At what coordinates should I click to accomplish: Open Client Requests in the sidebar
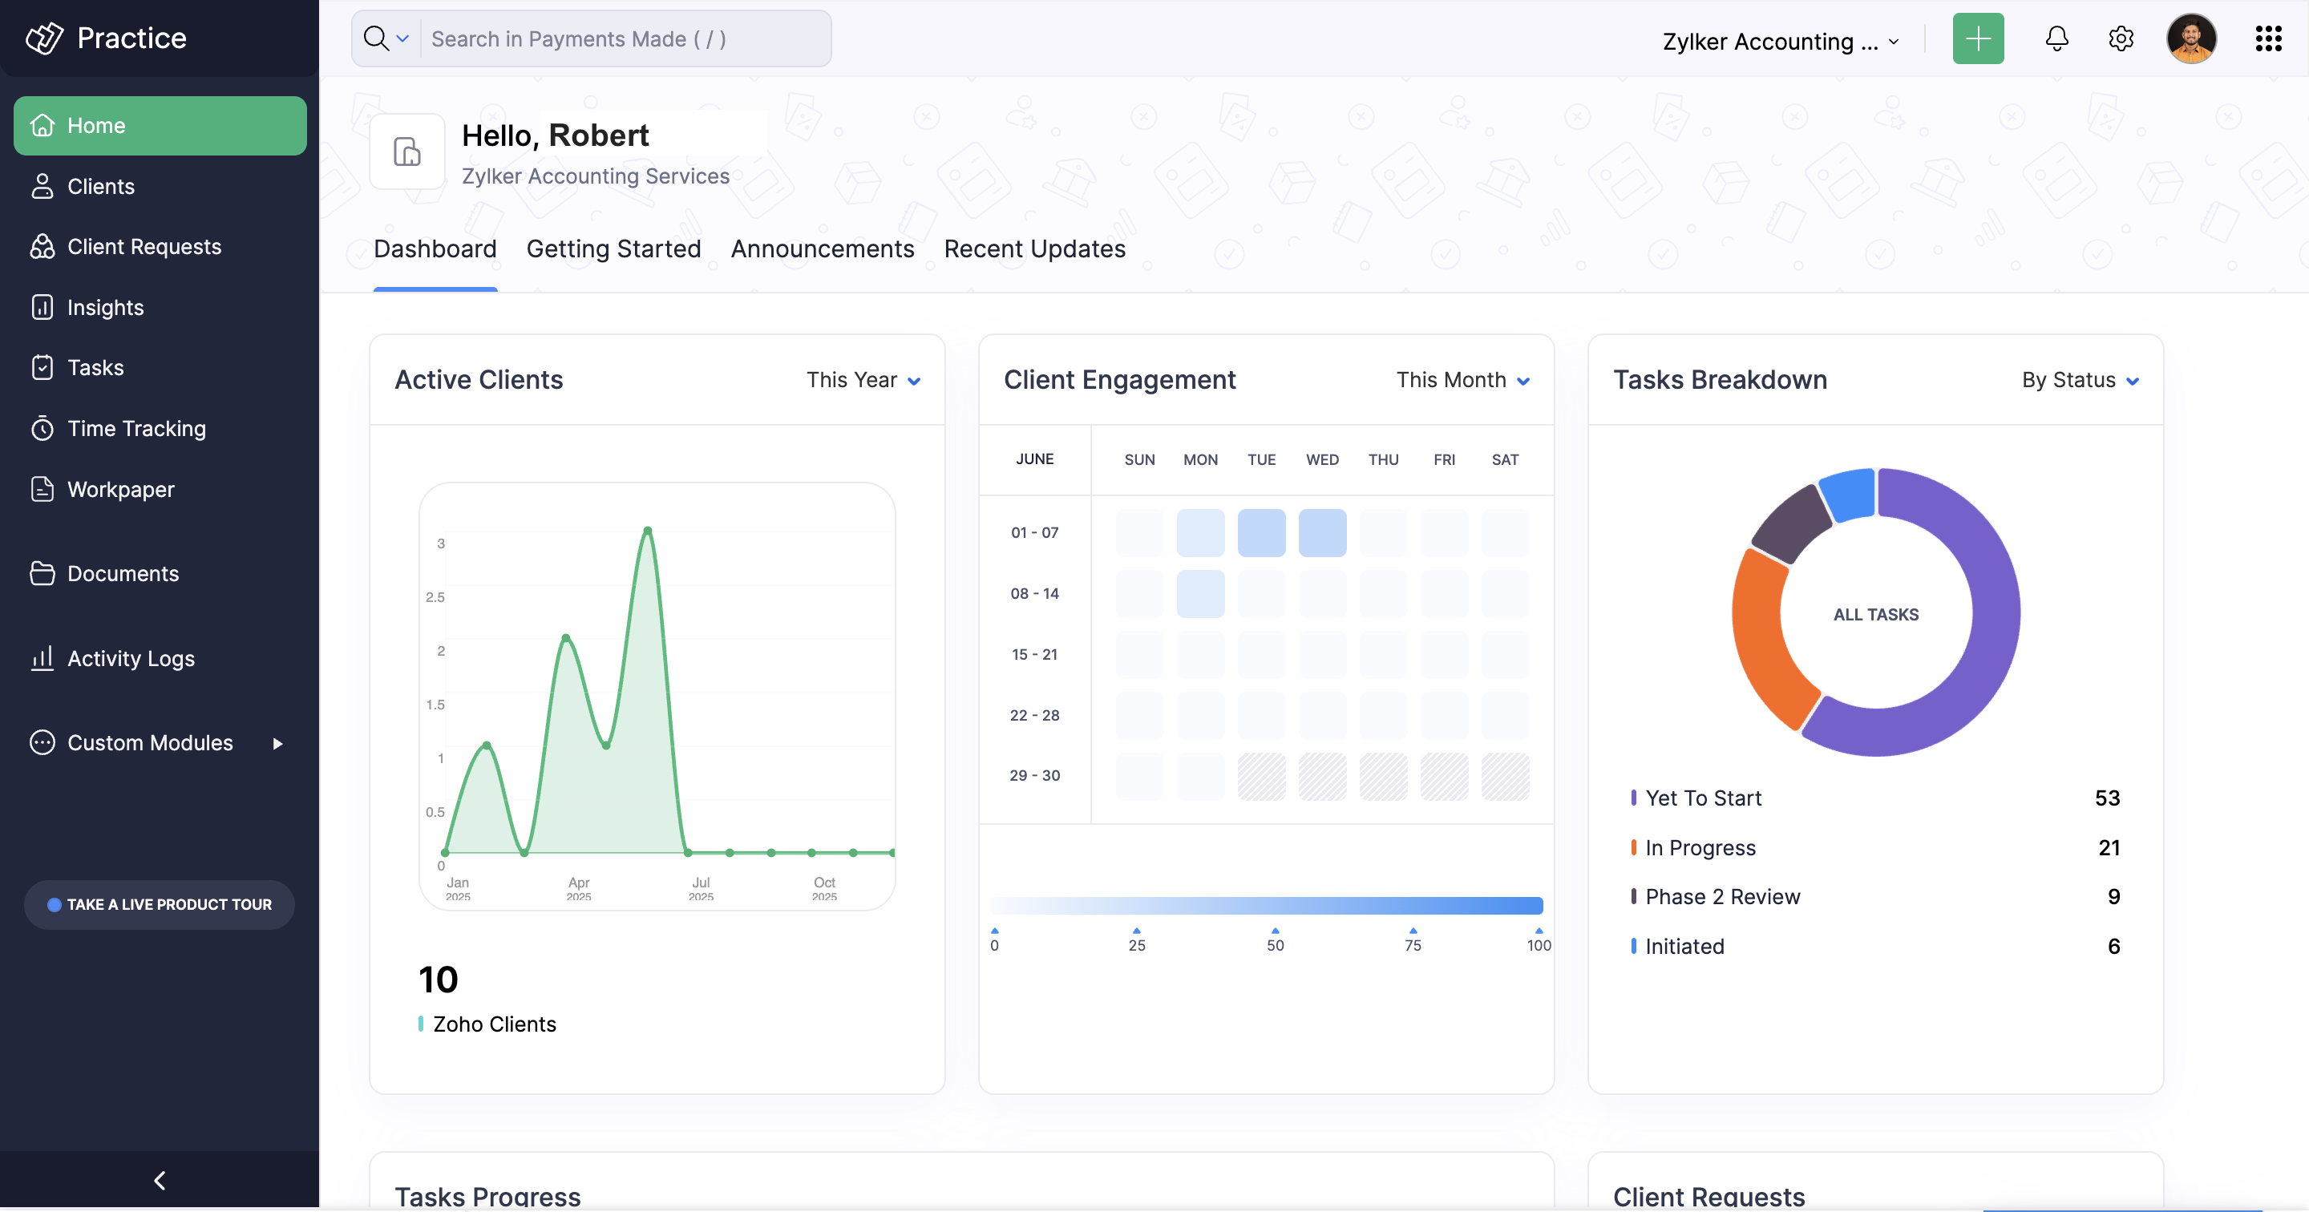click(144, 247)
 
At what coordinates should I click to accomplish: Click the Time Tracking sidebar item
click(136, 429)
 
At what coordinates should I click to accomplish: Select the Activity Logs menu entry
click(131, 659)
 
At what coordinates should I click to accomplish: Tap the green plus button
click(1977, 38)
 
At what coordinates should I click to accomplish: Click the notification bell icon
click(2056, 38)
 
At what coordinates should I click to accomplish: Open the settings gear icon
click(2121, 38)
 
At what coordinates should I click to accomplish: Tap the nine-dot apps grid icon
click(2268, 38)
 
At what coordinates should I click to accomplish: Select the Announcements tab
click(822, 249)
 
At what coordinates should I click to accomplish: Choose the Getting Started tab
click(613, 249)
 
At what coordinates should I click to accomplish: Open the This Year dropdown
click(863, 380)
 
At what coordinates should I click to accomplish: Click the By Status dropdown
click(2080, 380)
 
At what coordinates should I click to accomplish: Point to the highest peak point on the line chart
click(647, 531)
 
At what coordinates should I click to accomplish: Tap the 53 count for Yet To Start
click(2106, 798)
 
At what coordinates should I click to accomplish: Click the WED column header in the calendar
click(1322, 460)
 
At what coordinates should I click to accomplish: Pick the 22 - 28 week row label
click(1034, 715)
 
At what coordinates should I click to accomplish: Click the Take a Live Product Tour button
click(160, 904)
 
